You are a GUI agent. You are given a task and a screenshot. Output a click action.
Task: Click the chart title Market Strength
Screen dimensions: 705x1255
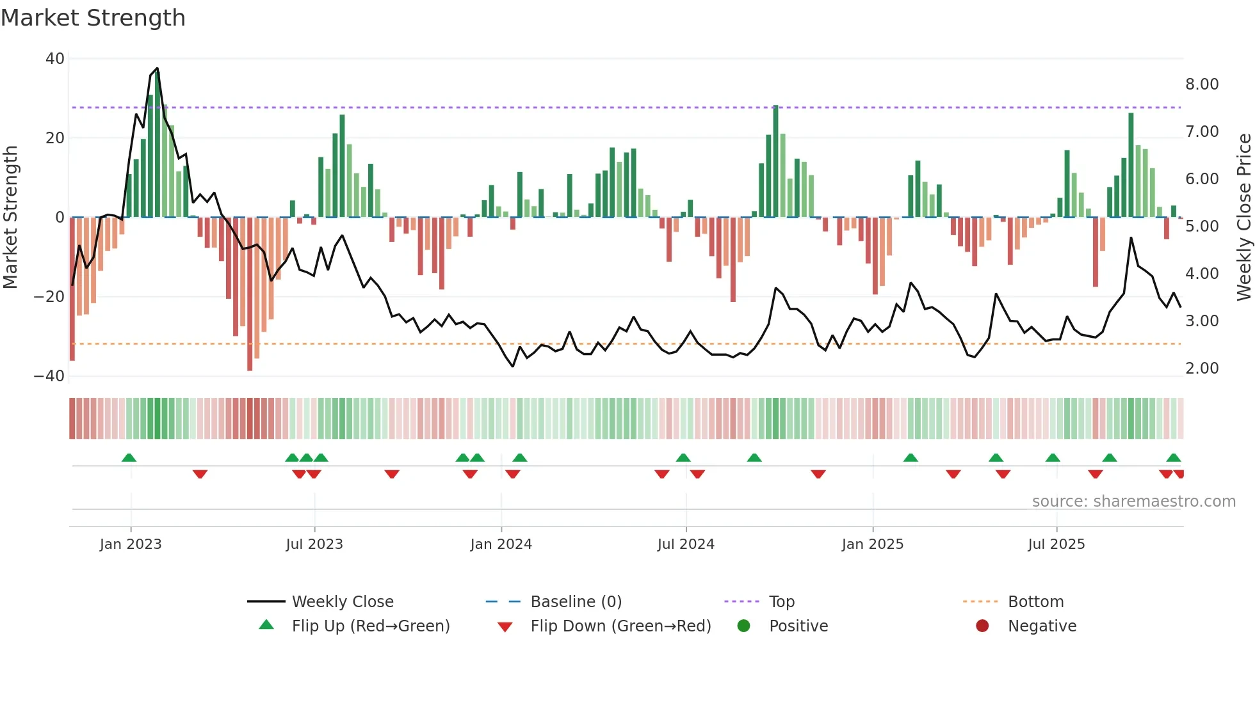pyautogui.click(x=93, y=18)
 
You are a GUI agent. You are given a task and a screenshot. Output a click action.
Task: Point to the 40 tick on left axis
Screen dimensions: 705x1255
pyautogui.click(x=55, y=59)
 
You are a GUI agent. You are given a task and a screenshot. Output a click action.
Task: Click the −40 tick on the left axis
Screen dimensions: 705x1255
pyautogui.click(x=49, y=376)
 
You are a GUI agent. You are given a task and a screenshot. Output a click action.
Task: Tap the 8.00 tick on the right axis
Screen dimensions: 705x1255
pyautogui.click(x=1202, y=84)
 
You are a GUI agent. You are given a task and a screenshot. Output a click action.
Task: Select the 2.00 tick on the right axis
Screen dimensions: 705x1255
pyautogui.click(x=1202, y=368)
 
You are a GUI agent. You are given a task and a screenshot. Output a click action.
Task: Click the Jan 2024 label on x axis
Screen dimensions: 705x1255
pyautogui.click(x=501, y=544)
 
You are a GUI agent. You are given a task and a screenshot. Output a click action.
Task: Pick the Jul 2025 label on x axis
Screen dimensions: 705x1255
pyautogui.click(x=1056, y=544)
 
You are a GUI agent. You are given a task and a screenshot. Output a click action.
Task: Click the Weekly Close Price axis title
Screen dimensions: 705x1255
pyautogui.click(x=1243, y=218)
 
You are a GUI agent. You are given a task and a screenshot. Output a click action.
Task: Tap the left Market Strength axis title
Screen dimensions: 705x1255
pyautogui.click(x=10, y=218)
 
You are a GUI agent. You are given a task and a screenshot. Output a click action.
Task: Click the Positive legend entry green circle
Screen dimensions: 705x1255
pyautogui.click(x=743, y=626)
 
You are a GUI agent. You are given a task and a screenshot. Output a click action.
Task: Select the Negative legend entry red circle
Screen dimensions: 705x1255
pyautogui.click(x=982, y=626)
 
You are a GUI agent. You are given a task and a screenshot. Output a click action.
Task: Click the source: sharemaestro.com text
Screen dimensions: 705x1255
pyautogui.click(x=1133, y=502)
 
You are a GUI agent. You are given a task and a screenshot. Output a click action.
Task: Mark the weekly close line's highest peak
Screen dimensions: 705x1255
pyautogui.click(x=157, y=68)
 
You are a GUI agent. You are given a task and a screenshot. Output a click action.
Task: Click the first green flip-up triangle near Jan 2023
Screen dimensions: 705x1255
pyautogui.click(x=129, y=457)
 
